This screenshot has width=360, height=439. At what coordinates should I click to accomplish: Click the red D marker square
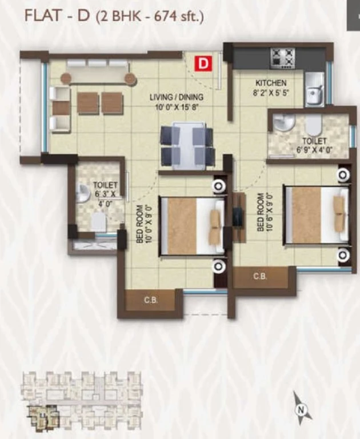(203, 63)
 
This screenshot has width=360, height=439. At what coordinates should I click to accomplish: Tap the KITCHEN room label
(271, 83)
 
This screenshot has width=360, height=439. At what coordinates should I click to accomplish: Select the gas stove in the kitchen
(282, 58)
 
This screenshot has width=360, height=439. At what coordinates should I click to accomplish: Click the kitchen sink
(314, 89)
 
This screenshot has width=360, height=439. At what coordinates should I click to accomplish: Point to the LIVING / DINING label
(177, 97)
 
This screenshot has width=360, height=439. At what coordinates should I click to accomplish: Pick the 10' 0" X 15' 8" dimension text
(177, 107)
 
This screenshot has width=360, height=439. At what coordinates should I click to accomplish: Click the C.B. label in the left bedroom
(151, 301)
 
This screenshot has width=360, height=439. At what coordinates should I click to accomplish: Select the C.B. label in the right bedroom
(260, 276)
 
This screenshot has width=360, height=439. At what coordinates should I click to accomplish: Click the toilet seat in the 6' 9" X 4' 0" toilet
(314, 125)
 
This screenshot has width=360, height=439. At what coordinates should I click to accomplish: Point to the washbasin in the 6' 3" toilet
(81, 193)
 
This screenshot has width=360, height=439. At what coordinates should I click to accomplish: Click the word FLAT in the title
(43, 15)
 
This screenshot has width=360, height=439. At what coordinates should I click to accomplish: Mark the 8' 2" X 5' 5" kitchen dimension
(271, 93)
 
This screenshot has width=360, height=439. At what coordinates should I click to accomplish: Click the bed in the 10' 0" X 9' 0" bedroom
(193, 226)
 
